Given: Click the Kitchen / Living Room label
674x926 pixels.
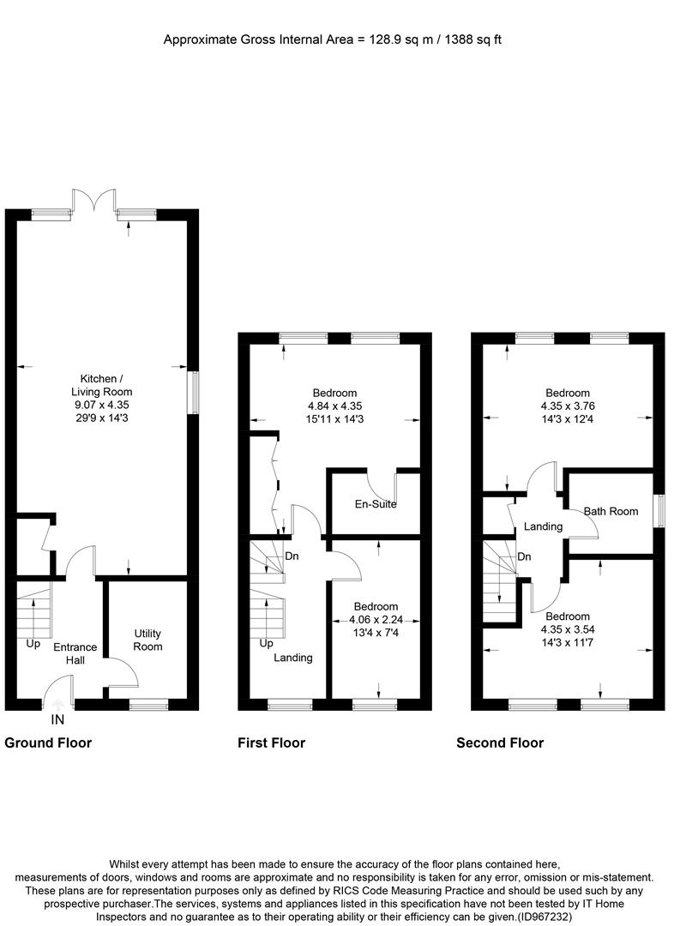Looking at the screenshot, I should tap(105, 385).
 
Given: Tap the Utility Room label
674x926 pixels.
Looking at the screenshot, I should tap(147, 640).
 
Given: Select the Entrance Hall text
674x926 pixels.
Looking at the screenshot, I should tap(75, 653).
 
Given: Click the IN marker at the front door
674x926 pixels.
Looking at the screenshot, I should tap(58, 720).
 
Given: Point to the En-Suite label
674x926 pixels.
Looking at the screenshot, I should tap(376, 504).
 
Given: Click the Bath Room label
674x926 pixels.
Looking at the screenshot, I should tap(611, 512).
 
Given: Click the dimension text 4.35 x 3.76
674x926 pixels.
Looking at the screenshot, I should tap(565, 406).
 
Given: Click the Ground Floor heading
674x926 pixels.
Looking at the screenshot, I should tap(48, 743).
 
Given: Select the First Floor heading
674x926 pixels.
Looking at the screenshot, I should tap(271, 743).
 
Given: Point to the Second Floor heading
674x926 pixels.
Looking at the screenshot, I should tap(500, 743).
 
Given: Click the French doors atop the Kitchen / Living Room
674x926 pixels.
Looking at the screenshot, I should tap(94, 201).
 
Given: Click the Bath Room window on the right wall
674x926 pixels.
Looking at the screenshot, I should tap(659, 512).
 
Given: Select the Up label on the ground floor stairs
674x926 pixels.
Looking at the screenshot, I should tap(33, 643).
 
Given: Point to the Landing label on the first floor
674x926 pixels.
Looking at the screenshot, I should tap(293, 658).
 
